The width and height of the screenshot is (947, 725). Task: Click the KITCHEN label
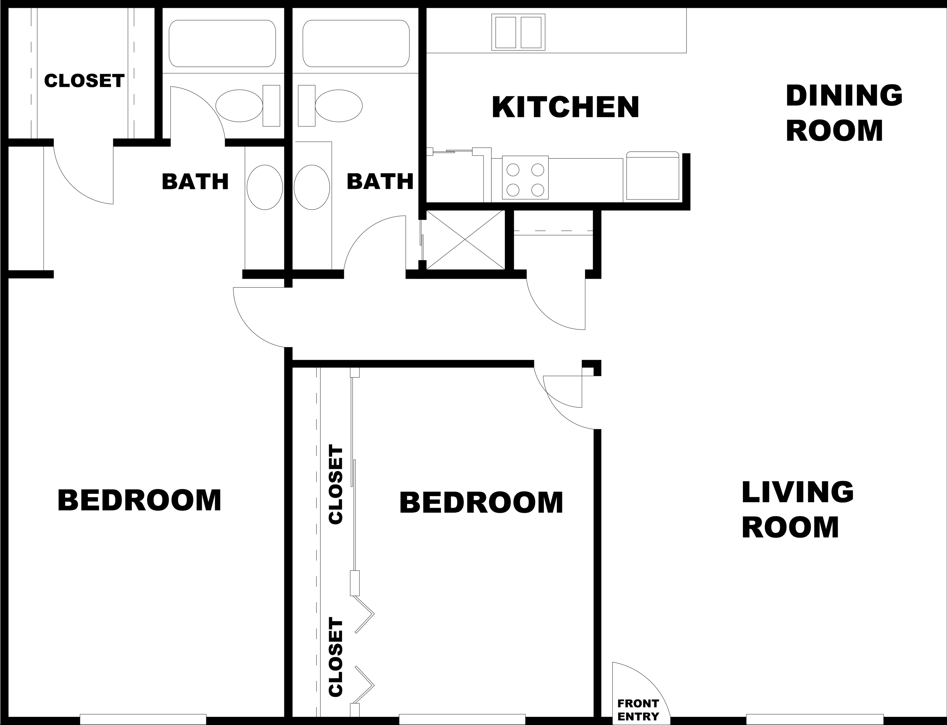[565, 107]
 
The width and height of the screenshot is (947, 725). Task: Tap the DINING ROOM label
[844, 113]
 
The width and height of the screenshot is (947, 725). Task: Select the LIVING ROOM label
[797, 510]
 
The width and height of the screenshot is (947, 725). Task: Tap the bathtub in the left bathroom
[222, 43]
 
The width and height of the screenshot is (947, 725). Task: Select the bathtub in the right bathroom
[356, 43]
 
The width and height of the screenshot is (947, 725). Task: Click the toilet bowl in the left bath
[239, 106]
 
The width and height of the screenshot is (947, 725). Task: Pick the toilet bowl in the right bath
[339, 106]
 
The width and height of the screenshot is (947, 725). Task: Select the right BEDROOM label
[481, 503]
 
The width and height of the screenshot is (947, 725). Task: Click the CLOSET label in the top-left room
[85, 81]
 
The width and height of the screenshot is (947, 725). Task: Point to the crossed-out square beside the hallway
[465, 240]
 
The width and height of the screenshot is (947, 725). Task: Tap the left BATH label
[195, 182]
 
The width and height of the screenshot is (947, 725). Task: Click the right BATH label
[380, 182]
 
